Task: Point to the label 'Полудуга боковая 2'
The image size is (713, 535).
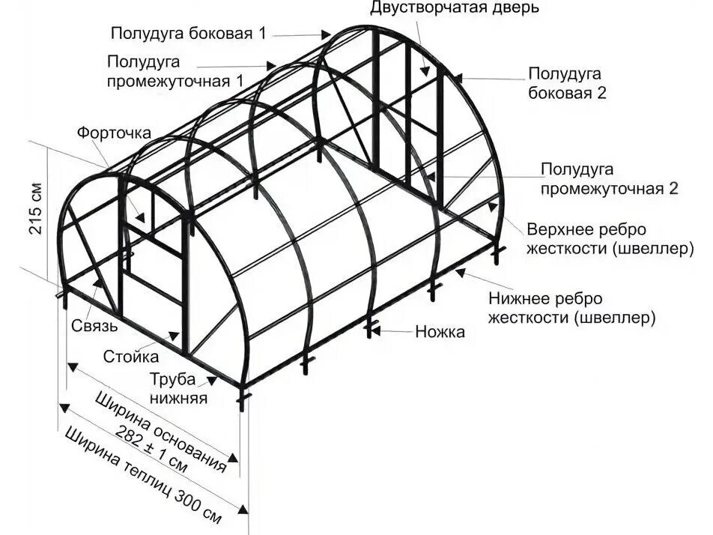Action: (567, 83)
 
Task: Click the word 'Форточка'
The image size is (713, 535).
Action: (114, 133)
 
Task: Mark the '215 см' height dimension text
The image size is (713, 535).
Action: (36, 210)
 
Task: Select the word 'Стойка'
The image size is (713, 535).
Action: (131, 355)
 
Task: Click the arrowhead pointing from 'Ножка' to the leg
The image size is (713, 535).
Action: (377, 329)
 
